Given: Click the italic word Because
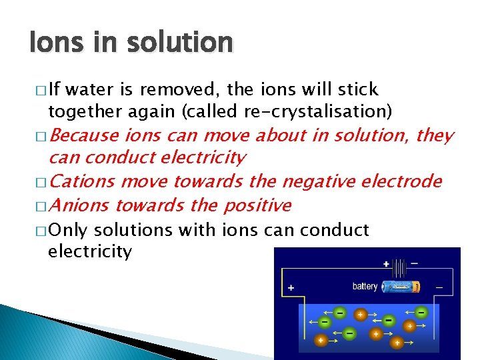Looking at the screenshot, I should tap(85, 136).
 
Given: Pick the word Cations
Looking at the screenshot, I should tap(82, 181).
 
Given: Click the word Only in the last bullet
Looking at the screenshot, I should tap(69, 230).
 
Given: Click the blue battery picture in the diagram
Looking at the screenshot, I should tap(401, 287).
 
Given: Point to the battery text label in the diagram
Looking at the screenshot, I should tap(365, 287).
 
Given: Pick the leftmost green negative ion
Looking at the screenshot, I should tap(324, 321).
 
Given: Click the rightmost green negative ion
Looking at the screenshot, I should tap(421, 311).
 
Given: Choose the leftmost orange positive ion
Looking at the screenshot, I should tap(321, 340).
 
